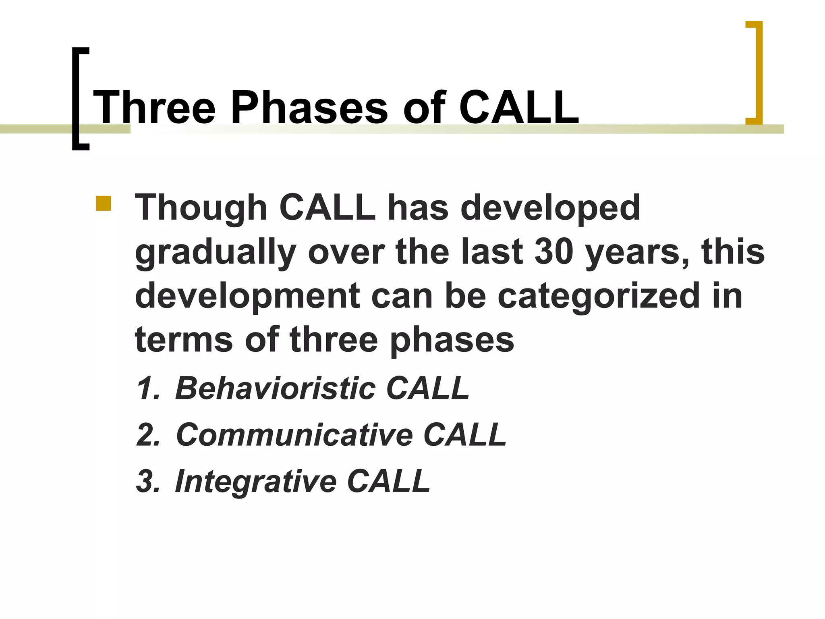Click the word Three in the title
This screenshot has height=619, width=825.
click(x=154, y=108)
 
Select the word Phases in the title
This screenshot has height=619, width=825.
click(x=309, y=108)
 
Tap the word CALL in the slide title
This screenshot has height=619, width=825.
click(x=519, y=108)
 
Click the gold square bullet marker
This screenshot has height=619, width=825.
click(x=103, y=204)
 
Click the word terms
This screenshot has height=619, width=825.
click(x=184, y=340)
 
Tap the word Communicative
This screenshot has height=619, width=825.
click(x=294, y=435)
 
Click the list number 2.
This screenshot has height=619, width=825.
click(x=148, y=435)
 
